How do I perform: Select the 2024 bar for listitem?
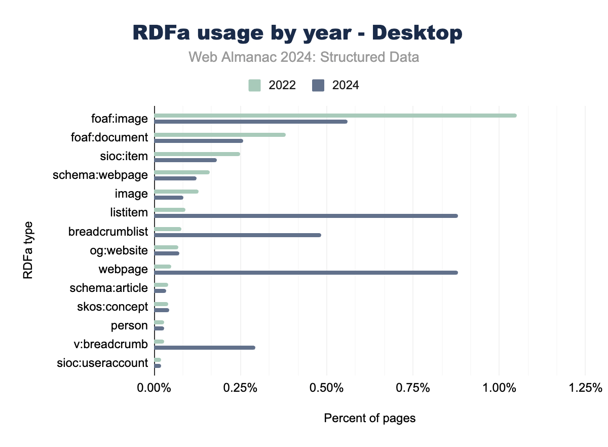point(306,216)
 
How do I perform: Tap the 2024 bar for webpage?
point(306,273)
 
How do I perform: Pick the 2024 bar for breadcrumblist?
point(238,235)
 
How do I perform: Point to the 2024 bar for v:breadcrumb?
point(205,348)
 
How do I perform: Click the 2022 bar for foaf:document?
point(220,135)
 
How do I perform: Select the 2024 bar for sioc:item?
point(185,160)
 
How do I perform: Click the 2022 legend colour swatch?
point(254,85)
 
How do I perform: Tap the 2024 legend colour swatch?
point(318,85)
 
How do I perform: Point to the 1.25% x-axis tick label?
point(585,388)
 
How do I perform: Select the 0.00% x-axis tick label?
point(155,388)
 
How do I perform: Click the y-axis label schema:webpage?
point(100,175)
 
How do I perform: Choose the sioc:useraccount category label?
point(103,363)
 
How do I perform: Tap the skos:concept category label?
point(109,307)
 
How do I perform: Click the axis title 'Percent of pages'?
point(369,419)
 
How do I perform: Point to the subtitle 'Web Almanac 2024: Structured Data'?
point(304,57)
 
